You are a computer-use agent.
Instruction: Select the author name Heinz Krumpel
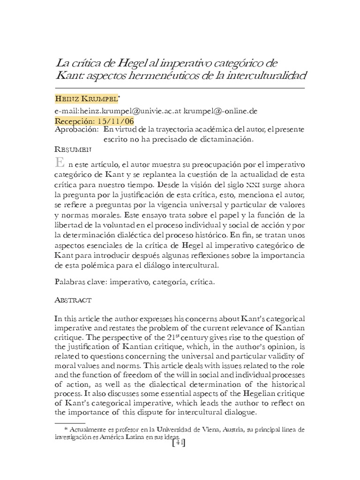coord(86,100)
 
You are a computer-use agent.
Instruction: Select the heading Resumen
coord(73,150)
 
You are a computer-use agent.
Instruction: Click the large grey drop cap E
coord(60,164)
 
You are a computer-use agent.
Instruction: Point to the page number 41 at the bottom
coord(180,442)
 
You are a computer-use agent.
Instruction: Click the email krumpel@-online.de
coord(220,111)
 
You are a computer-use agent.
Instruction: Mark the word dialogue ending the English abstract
coord(240,412)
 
